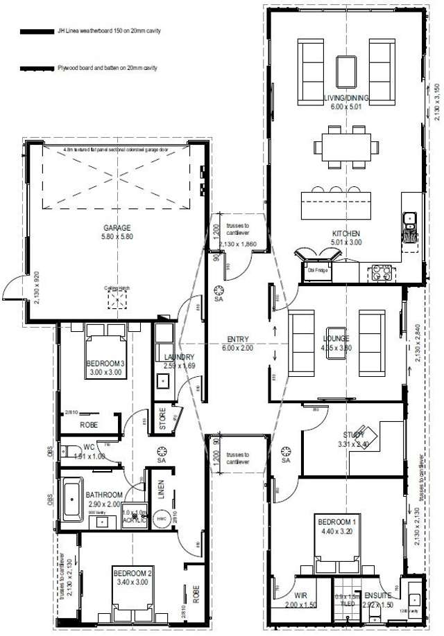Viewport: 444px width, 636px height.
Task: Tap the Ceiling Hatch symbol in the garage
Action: [x=117, y=299]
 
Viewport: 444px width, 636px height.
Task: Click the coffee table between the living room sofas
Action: [x=345, y=70]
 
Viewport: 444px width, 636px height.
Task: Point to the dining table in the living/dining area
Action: [x=345, y=147]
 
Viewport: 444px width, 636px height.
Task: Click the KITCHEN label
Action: [x=345, y=233]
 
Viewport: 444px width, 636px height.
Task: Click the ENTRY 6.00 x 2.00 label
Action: [x=237, y=340]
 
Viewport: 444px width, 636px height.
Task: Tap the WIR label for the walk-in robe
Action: [x=300, y=594]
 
